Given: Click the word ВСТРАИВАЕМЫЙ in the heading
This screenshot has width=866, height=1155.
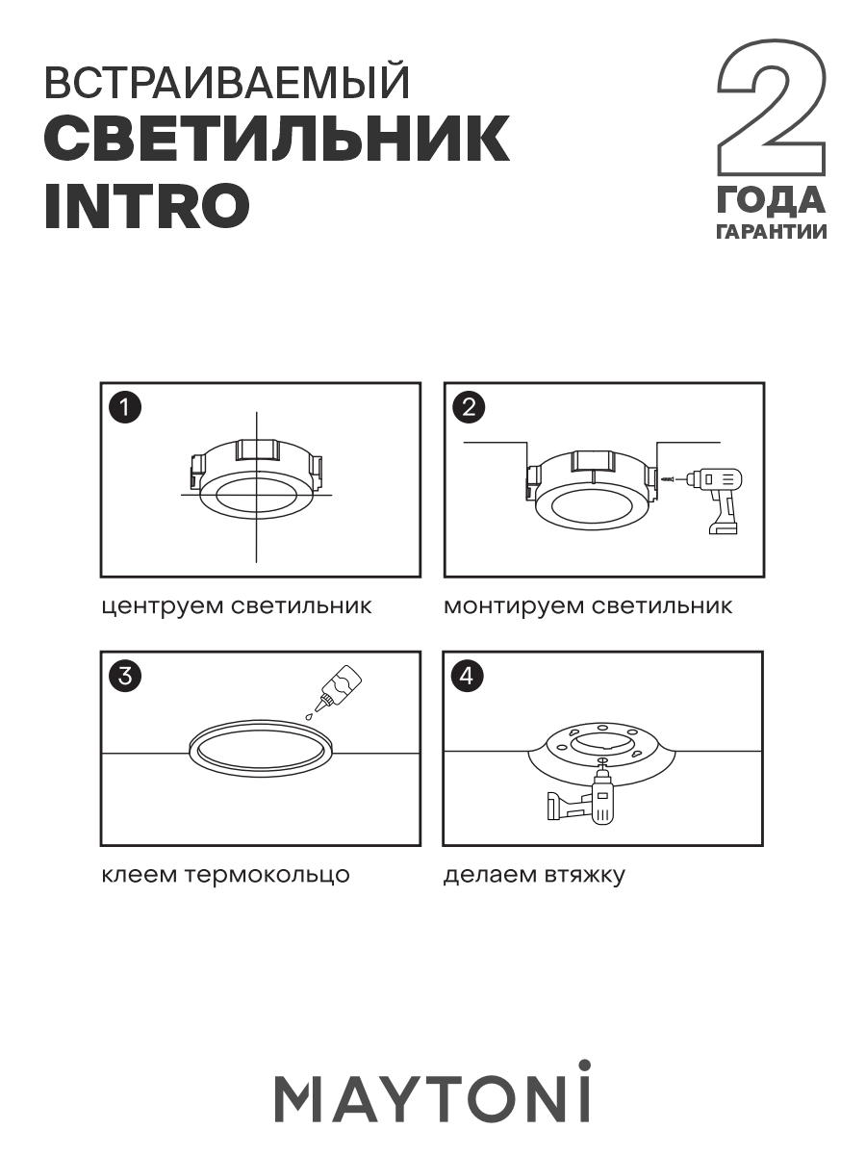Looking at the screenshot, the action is [227, 86].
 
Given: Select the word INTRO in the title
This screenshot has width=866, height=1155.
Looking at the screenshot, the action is [147, 204].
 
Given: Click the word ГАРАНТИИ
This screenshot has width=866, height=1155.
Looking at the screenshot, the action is [771, 232].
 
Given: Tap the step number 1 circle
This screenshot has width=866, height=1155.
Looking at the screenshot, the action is [125, 407].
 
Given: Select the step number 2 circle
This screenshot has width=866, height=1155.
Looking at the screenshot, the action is [468, 407].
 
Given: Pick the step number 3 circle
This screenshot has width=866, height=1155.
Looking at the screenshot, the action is [125, 676].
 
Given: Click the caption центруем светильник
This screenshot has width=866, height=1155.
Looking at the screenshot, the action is [237, 606].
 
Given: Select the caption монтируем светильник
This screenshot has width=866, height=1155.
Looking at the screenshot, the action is [588, 606].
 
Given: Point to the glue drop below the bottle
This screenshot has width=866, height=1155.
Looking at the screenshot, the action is [309, 716].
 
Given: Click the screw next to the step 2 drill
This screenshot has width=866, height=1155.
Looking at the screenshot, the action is [670, 478].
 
